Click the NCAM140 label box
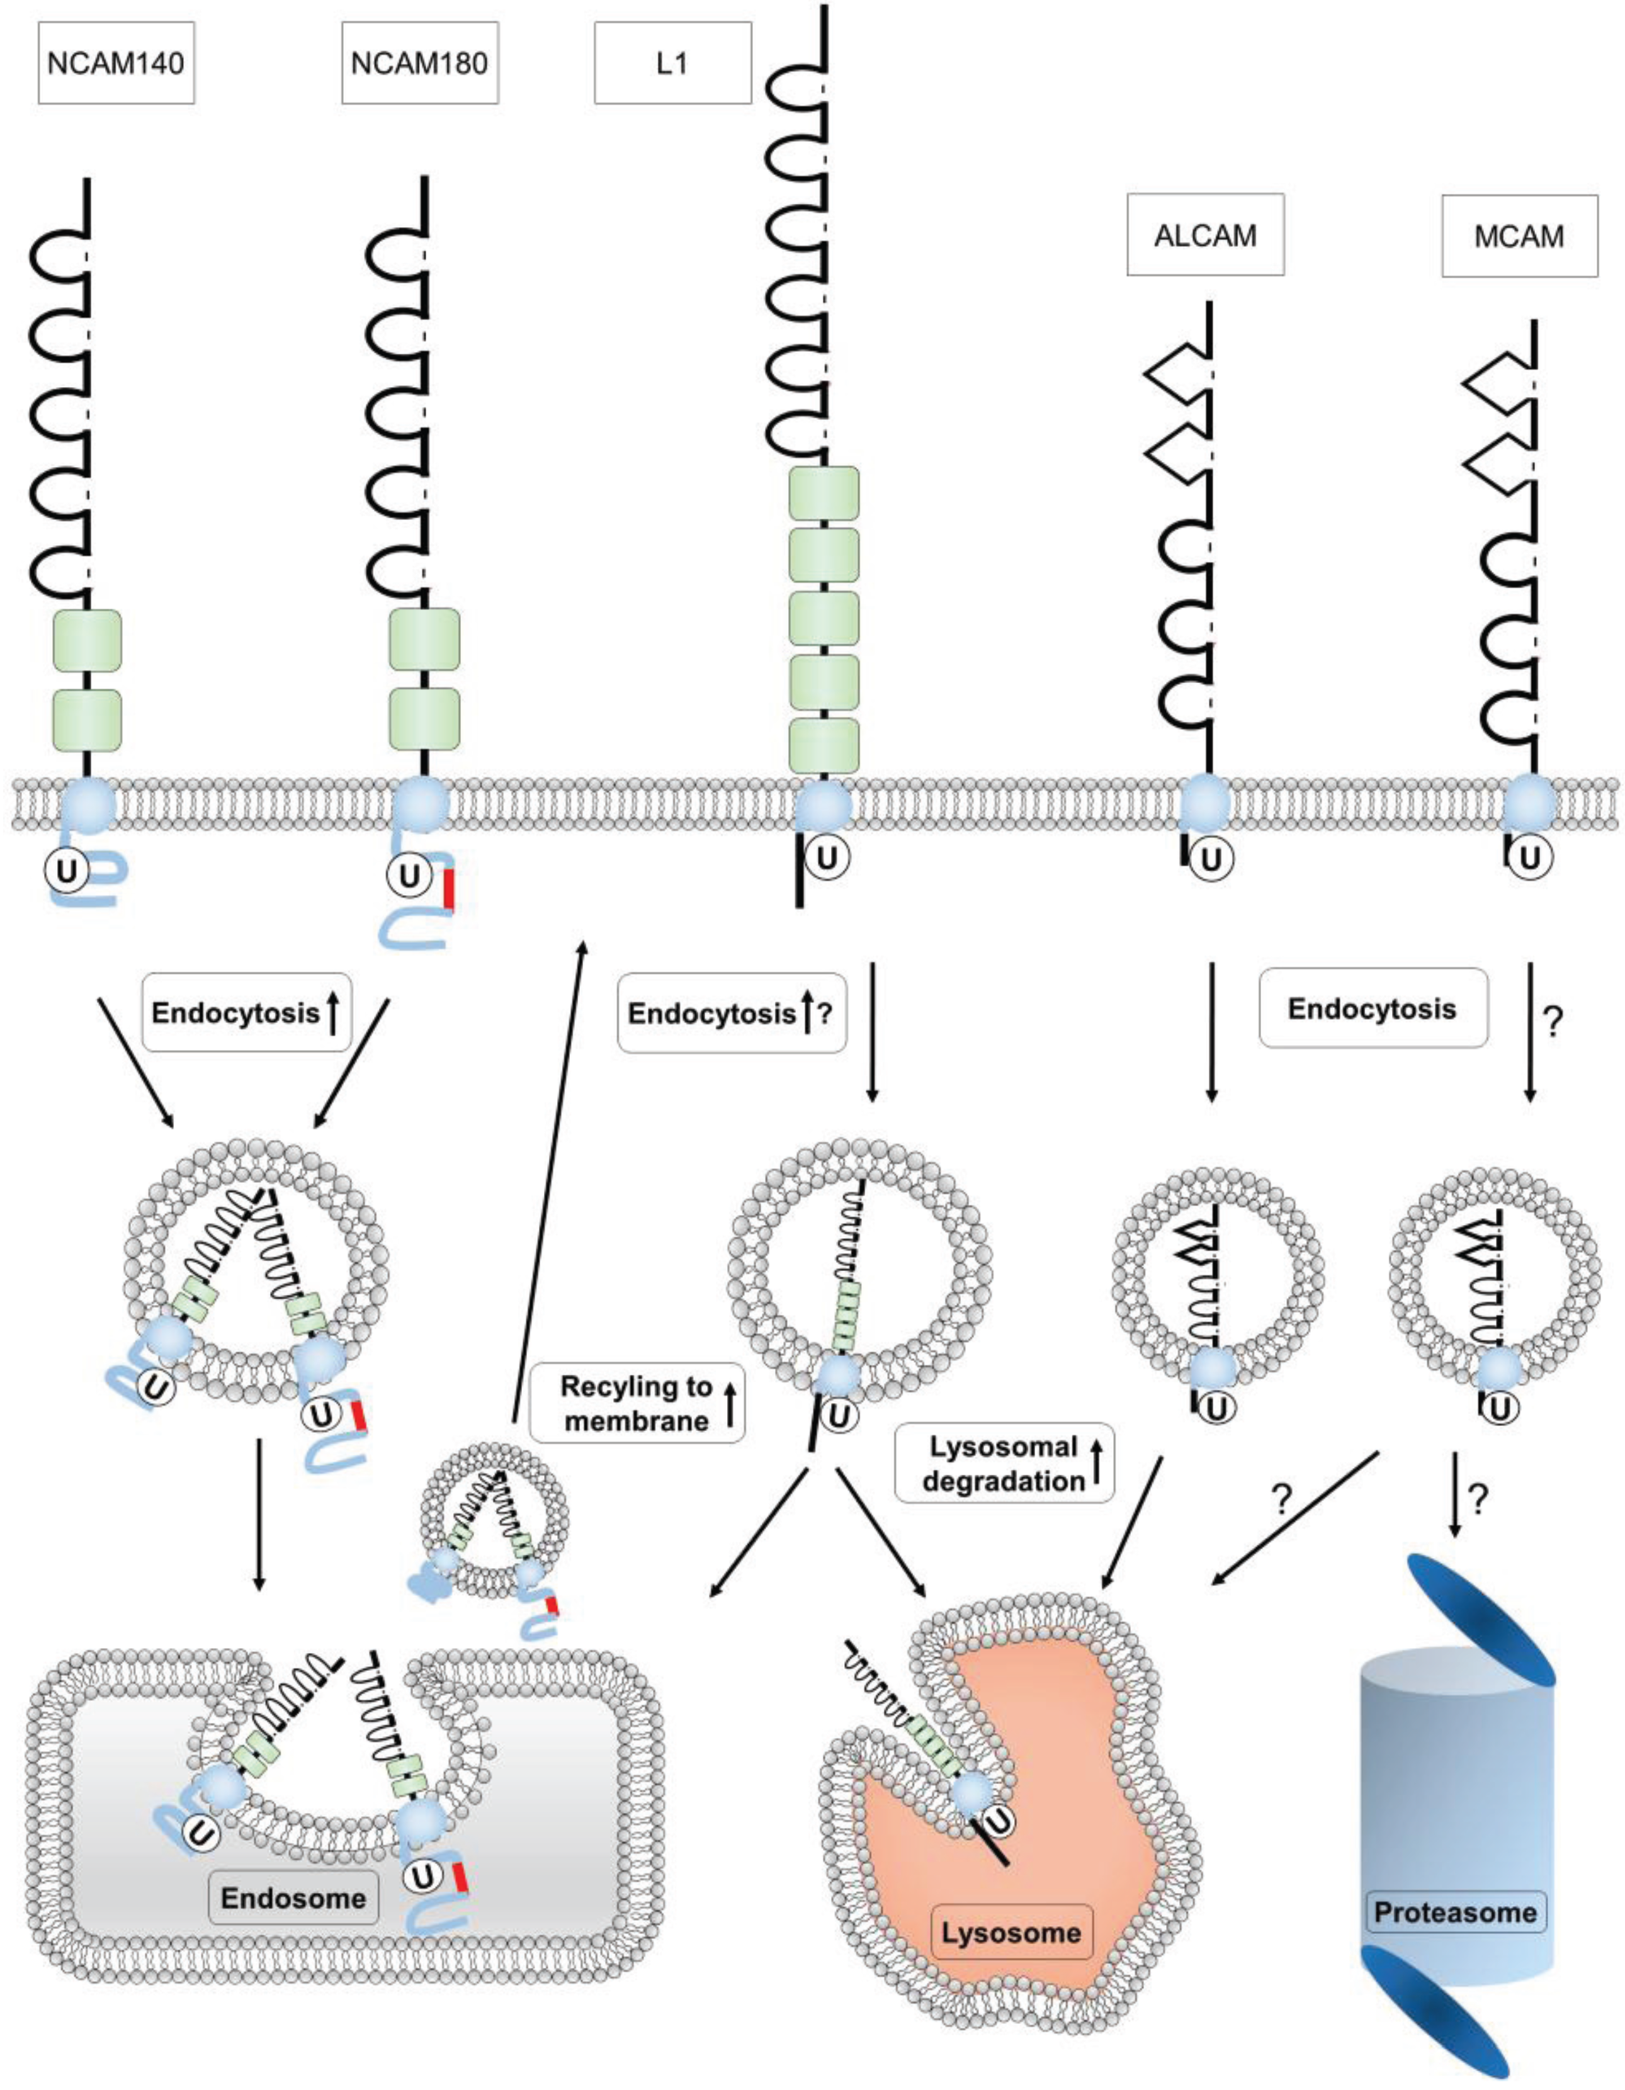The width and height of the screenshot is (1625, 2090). [116, 63]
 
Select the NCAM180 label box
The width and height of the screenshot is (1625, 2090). [419, 63]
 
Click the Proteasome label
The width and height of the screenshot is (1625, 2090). [1454, 1912]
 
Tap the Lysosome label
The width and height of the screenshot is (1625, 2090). [1011, 1932]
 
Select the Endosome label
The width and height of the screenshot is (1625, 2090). [293, 1897]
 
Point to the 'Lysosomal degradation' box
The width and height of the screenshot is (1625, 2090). [1004, 1463]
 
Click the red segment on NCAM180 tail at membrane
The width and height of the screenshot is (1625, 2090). [447, 887]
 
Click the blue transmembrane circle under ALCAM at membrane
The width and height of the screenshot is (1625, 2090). [1205, 804]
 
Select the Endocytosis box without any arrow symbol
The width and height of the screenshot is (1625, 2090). [1373, 1008]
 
